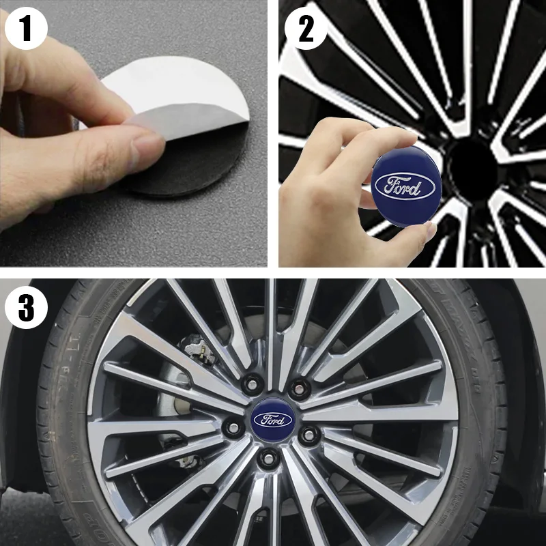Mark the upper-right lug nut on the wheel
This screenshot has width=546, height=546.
[297, 389]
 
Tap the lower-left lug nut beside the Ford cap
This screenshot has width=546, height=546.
[232, 429]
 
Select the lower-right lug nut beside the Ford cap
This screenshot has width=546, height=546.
[308, 433]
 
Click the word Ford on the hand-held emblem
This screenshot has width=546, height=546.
[404, 186]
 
